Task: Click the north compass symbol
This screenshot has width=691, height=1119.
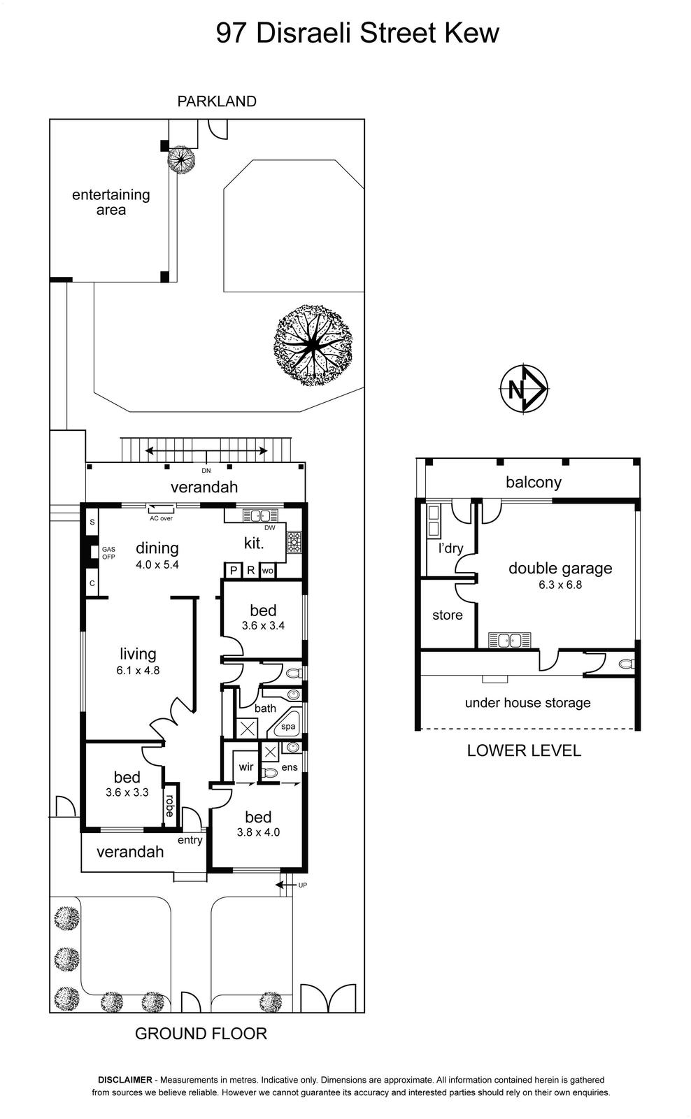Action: (524, 388)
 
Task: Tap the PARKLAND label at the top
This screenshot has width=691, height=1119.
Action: (217, 101)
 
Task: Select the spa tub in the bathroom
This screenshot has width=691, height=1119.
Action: (287, 725)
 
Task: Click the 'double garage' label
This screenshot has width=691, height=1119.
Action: (560, 568)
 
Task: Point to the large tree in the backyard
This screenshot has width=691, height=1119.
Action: (313, 345)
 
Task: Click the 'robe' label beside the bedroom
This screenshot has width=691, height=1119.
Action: (170, 805)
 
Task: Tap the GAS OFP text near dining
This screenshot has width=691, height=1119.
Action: (108, 553)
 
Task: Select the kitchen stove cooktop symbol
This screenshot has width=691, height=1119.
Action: (293, 542)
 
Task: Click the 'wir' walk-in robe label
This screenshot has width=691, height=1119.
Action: (245, 767)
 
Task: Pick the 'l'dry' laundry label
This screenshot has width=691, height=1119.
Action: (450, 548)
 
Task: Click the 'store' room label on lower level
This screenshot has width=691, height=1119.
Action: (447, 615)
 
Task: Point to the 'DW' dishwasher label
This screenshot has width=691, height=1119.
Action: (269, 527)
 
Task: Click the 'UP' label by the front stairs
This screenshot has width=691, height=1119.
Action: (302, 885)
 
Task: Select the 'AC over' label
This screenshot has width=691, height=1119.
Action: (161, 518)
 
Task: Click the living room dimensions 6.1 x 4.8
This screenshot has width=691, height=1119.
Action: (138, 671)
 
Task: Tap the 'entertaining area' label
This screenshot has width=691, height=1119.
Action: (111, 202)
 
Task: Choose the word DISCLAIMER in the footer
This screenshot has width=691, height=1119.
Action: (125, 1080)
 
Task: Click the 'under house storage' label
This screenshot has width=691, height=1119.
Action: (527, 703)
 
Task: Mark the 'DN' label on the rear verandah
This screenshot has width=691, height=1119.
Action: (206, 471)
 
